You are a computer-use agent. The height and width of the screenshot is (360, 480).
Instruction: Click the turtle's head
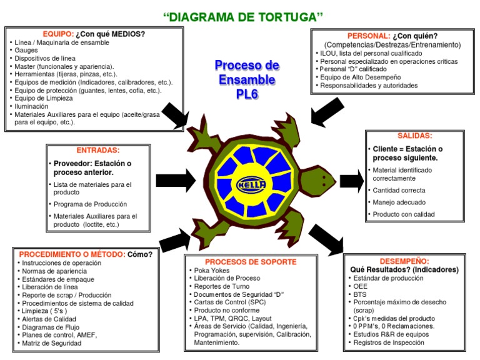tap(320, 181)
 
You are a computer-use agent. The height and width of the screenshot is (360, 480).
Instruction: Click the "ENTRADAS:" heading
tap(97, 151)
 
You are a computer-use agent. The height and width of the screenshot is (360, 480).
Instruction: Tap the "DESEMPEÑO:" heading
tap(404, 261)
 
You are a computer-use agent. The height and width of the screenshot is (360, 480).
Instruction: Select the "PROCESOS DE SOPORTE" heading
tap(251, 262)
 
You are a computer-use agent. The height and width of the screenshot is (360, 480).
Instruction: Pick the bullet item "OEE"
tap(361, 286)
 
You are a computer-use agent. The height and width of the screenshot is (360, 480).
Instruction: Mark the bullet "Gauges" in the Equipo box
tap(26, 50)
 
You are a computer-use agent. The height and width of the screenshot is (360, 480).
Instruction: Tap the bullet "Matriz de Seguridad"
tap(51, 343)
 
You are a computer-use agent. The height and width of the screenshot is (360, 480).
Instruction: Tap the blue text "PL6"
tap(247, 94)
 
